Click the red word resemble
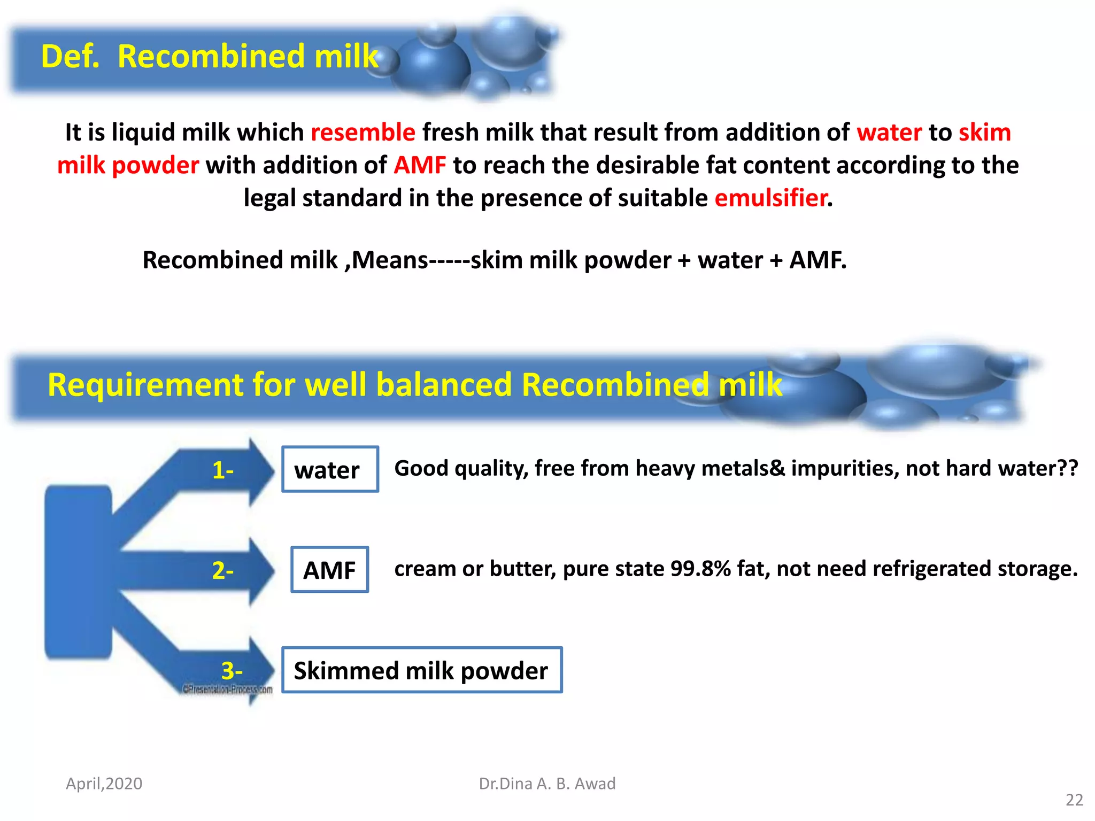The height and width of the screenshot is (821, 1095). click(x=363, y=133)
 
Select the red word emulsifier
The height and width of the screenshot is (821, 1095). click(x=771, y=198)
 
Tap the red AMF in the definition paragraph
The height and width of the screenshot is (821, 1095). click(x=420, y=165)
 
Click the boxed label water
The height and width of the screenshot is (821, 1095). click(x=330, y=469)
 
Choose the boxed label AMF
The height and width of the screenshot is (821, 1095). click(x=329, y=570)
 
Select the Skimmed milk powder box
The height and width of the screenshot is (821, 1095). click(x=421, y=670)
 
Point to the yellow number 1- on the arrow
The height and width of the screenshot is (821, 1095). click(x=223, y=470)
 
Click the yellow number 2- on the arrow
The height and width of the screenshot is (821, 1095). click(x=223, y=571)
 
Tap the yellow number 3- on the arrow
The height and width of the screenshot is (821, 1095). click(x=232, y=670)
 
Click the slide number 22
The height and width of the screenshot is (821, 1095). click(x=1074, y=800)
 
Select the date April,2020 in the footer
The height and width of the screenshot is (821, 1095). click(x=104, y=784)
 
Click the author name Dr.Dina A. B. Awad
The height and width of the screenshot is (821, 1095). click(x=547, y=784)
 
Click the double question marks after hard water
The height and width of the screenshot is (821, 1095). click(x=1068, y=468)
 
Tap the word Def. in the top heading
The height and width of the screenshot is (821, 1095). click(x=71, y=57)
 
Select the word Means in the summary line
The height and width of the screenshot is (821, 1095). click(x=390, y=260)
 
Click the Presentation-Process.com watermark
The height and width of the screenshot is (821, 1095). click(x=228, y=690)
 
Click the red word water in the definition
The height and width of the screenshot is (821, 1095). click(x=889, y=133)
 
